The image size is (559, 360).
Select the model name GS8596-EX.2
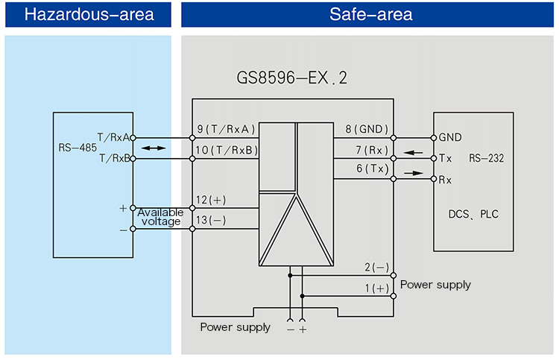coord(291,78)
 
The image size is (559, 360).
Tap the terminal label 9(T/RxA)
coord(227,130)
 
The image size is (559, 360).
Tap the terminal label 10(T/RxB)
coord(227,151)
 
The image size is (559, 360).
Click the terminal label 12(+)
coord(212,200)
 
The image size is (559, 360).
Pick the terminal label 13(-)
coord(212,221)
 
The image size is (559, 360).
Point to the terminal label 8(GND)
coord(364,130)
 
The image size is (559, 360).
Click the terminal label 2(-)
coord(376,267)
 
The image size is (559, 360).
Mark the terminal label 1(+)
coord(376,288)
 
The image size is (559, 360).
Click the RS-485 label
coord(77,148)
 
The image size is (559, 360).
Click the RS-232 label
coord(487,158)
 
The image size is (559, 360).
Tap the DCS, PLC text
coord(474,214)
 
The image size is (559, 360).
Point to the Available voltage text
coord(160,217)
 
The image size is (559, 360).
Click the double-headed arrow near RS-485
coord(154,148)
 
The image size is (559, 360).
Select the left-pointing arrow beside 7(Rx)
coord(413,154)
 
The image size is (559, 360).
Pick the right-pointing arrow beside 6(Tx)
coord(413,172)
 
